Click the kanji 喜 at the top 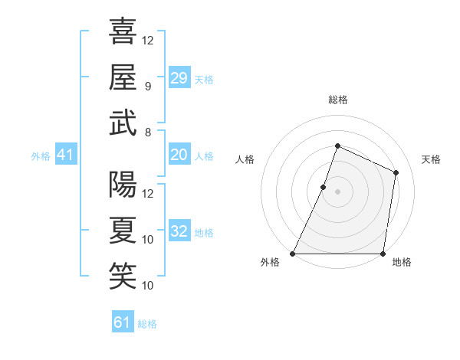click(123, 33)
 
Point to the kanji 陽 click(123, 185)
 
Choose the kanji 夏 click(123, 231)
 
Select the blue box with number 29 click(179, 78)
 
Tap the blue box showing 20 click(179, 155)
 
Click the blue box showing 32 click(179, 231)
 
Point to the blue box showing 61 click(123, 322)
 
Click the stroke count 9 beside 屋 click(148, 86)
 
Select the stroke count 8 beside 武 click(148, 132)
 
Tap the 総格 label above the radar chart click(337, 100)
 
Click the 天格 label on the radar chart click(431, 159)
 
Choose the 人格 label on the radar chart click(245, 159)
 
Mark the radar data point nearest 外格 click(292, 254)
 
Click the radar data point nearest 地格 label click(383, 254)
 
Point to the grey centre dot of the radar click(337, 191)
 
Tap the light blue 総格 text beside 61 click(147, 324)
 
